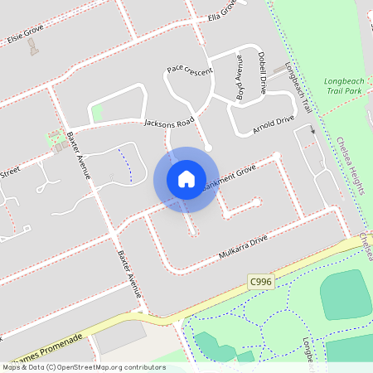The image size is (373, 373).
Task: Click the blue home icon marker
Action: click(186, 179)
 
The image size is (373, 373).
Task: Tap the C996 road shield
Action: click(260, 283)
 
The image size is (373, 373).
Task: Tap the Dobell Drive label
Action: click(262, 74)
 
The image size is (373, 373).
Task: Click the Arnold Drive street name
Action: click(274, 123)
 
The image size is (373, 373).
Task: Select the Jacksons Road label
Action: click(168, 123)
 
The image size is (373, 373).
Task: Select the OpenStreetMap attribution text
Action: click(83, 367)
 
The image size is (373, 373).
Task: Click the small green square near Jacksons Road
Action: click(98, 112)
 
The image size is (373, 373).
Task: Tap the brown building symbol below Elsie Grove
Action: click(33, 47)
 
